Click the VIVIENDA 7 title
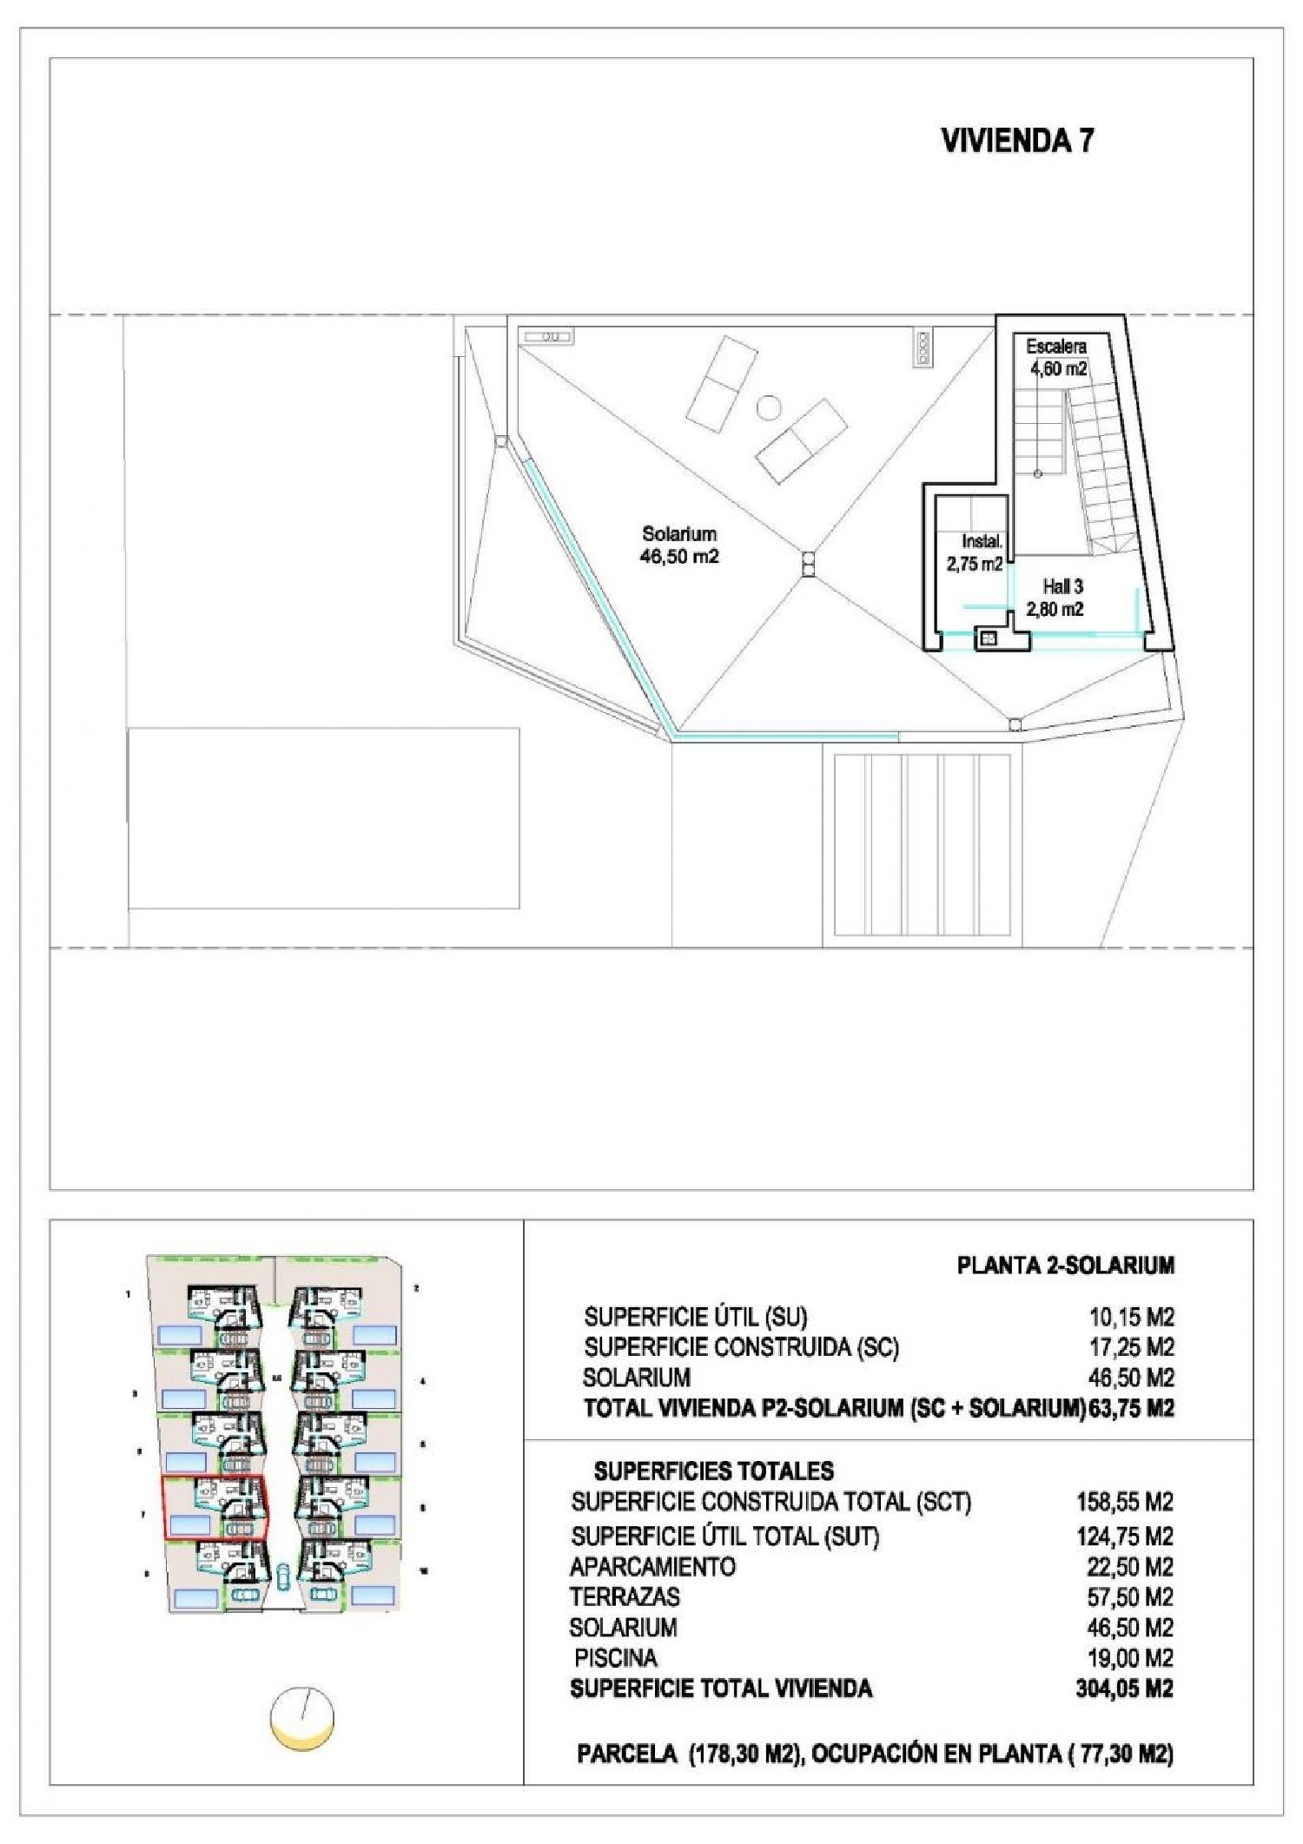tap(1017, 141)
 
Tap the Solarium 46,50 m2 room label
tap(679, 545)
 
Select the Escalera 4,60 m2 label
tap(1057, 357)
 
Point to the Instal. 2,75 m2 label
tap(976, 553)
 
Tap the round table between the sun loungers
tap(768, 407)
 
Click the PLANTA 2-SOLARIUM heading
tap(1065, 1266)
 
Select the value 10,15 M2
tap(1131, 1317)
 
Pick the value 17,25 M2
tap(1131, 1347)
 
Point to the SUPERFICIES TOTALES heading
tap(713, 1471)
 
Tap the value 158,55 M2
tap(1125, 1502)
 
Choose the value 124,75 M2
tap(1125, 1537)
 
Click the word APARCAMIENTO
tap(652, 1567)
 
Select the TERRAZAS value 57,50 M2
tap(1129, 1596)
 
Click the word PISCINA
tap(616, 1657)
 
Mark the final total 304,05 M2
tap(1124, 1689)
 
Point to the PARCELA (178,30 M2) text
tap(687, 1754)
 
